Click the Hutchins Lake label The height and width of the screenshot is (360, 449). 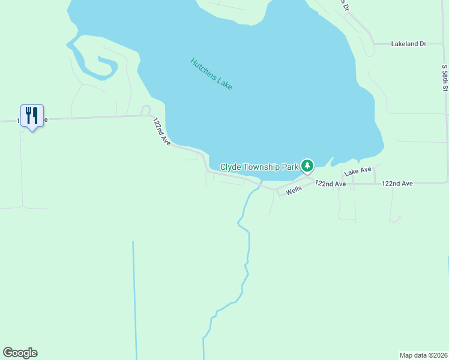click(211, 74)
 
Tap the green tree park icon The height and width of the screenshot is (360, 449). click(307, 165)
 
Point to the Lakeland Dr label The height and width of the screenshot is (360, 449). click(408, 44)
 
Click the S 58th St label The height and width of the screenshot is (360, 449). click(445, 79)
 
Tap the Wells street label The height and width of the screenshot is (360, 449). click(294, 190)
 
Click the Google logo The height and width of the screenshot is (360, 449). click(20, 353)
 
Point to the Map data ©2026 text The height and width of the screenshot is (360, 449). click(423, 355)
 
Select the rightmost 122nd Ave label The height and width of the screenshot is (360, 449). click(397, 183)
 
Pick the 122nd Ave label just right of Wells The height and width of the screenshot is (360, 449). click(331, 184)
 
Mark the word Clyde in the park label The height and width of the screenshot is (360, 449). click(231, 167)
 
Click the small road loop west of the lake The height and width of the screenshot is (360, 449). click(145, 110)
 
